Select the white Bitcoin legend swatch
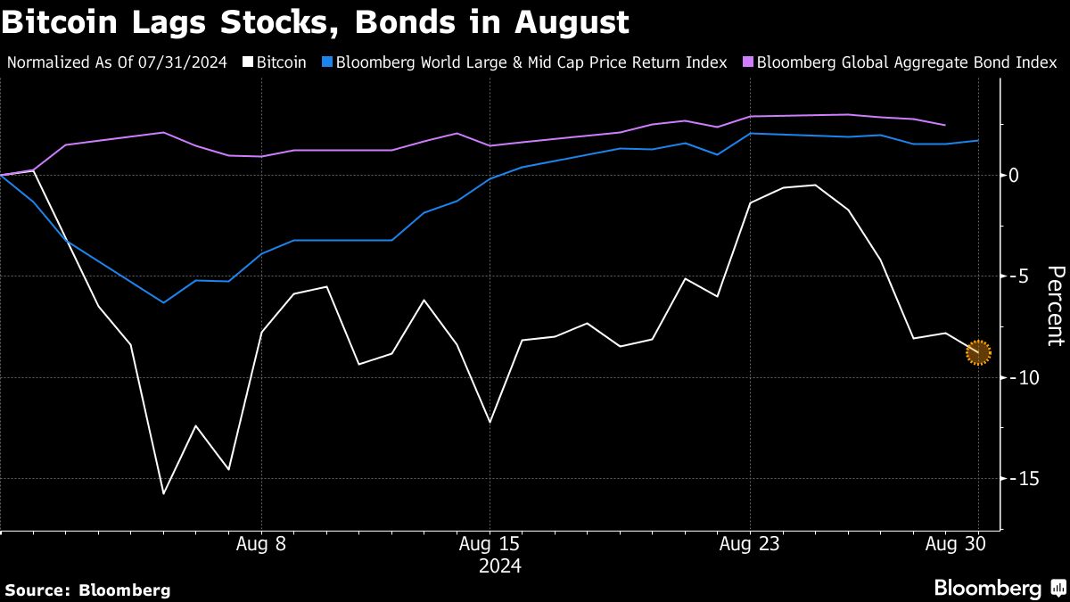(x=250, y=62)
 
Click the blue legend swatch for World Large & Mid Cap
(x=327, y=62)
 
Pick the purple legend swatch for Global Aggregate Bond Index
(x=748, y=62)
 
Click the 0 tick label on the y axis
(x=1014, y=175)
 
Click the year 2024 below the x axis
(x=500, y=565)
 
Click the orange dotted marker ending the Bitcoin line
(x=978, y=352)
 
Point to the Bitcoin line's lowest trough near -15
(x=164, y=493)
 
